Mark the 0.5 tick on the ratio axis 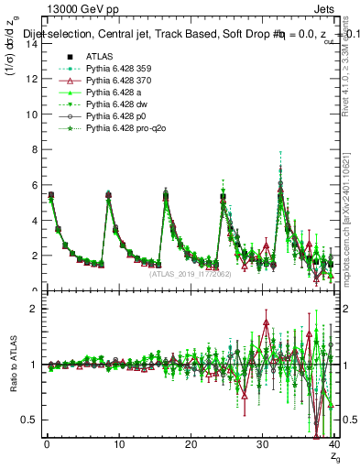coord(29,420)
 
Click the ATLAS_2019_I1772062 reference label coord(191,273)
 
